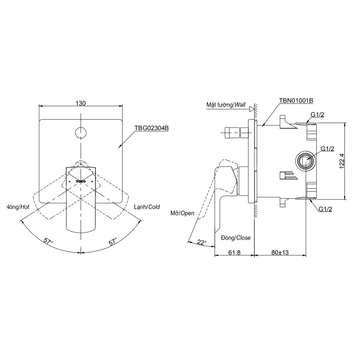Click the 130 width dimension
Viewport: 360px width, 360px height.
pyautogui.click(x=81, y=103)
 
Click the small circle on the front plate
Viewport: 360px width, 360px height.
pyautogui.click(x=81, y=132)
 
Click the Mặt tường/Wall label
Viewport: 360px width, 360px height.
pyautogui.click(x=226, y=105)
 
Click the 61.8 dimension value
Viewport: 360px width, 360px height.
pyautogui.click(x=234, y=253)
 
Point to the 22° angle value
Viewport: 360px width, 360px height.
pyautogui.click(x=202, y=243)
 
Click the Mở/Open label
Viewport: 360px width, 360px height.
pyautogui.click(x=182, y=213)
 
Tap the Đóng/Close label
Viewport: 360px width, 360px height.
pyautogui.click(x=236, y=238)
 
